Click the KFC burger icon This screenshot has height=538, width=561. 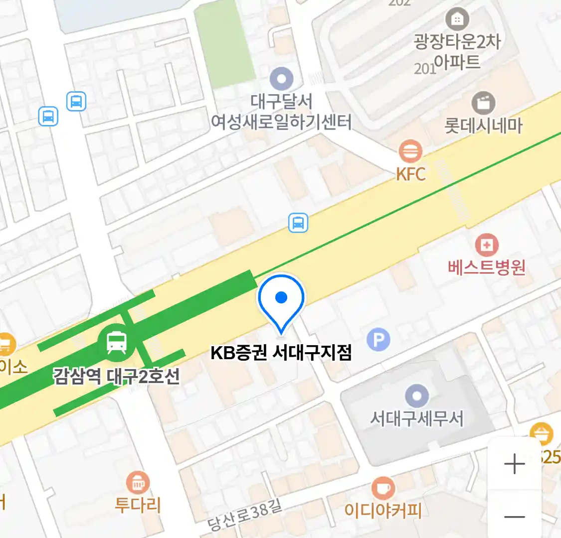[410, 150]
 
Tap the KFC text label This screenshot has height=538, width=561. [411, 174]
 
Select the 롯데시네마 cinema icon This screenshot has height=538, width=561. [483, 103]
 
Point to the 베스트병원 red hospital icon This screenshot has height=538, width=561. [487, 245]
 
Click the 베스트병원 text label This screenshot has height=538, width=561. [487, 268]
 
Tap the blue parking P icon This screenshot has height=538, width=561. [378, 340]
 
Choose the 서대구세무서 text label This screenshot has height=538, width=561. [417, 418]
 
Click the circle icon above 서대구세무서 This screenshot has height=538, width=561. [417, 397]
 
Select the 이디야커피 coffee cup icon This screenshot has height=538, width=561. [383, 488]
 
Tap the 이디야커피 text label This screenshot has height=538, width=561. [383, 511]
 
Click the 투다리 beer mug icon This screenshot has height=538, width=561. [138, 482]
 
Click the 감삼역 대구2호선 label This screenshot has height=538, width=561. [117, 376]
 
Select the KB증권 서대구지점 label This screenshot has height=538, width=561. [281, 353]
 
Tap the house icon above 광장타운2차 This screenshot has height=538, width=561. [457, 19]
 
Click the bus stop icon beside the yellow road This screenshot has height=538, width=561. [298, 223]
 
